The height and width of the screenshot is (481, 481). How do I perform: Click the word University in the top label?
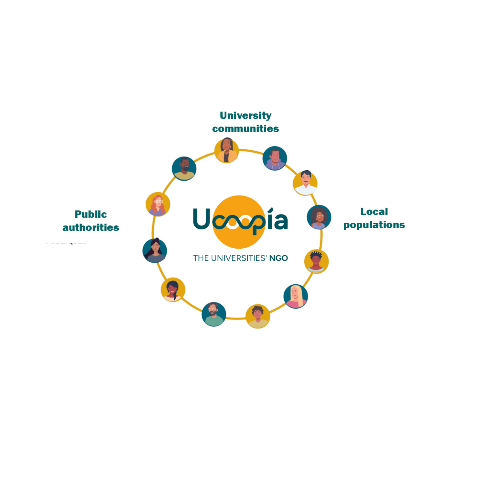click(x=246, y=116)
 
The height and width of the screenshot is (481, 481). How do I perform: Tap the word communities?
click(x=246, y=129)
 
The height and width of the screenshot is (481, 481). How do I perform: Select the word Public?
click(x=91, y=215)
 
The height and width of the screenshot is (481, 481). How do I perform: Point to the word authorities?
click(x=91, y=228)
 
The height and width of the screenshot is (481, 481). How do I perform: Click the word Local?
click(x=374, y=212)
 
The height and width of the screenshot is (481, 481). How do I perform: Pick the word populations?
click(x=374, y=225)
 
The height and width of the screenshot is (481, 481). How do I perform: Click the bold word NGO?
click(x=278, y=258)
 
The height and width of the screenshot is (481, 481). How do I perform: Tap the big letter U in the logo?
click(x=202, y=219)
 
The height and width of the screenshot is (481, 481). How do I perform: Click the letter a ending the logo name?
click(x=281, y=222)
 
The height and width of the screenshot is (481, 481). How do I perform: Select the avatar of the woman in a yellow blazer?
click(x=227, y=151)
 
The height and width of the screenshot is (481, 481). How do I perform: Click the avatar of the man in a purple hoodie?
click(x=275, y=158)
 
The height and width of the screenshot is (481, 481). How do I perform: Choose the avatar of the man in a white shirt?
click(x=305, y=183)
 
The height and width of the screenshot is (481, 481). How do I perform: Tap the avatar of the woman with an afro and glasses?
click(x=319, y=217)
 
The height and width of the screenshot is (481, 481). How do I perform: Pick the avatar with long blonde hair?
click(x=296, y=296)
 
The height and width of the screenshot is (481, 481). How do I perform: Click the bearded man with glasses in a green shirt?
click(x=214, y=314)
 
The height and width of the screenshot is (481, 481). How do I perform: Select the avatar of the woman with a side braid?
click(x=173, y=290)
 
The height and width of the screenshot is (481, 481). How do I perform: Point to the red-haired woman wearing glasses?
click(x=158, y=204)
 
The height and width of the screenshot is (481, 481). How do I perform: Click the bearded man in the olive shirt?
click(x=184, y=168)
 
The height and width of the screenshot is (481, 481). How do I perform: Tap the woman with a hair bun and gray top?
click(x=155, y=251)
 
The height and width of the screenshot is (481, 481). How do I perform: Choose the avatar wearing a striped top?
click(x=317, y=261)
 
